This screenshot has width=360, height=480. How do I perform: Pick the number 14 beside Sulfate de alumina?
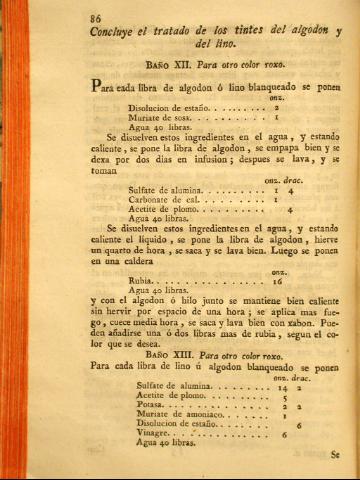click(280, 387)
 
